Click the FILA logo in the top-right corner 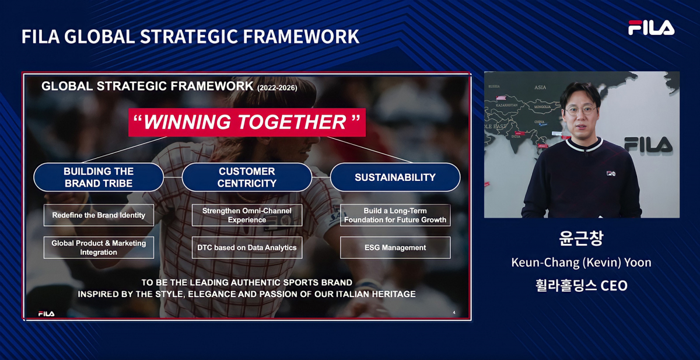pos(651,27)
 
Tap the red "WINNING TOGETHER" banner pos(247,122)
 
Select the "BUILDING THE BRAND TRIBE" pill pos(99,177)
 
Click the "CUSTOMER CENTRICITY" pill pos(247,177)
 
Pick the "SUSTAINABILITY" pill pos(395,177)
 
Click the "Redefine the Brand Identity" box pos(99,215)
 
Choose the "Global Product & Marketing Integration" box pos(99,247)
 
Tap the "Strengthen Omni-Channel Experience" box pos(247,215)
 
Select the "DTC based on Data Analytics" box pos(247,247)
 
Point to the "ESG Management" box pos(395,247)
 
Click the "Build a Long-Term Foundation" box pos(395,215)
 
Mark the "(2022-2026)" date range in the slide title pos(277,88)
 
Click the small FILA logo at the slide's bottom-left pos(46,313)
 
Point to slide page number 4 pos(454,313)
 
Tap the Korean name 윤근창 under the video pos(581,238)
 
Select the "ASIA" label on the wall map pos(540,88)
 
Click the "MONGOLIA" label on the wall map pos(542,107)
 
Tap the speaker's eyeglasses pos(580,110)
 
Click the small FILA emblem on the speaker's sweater pos(611,173)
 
